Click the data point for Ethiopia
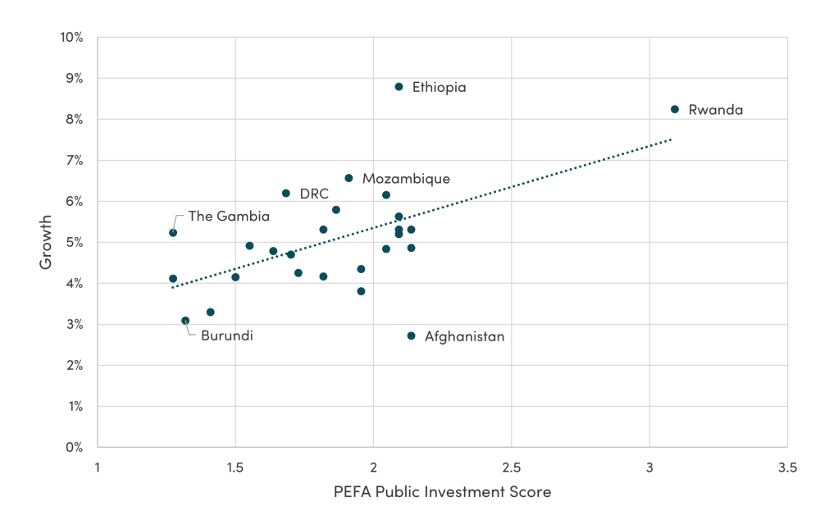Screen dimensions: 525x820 coord(399,87)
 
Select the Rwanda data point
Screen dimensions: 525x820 coord(675,109)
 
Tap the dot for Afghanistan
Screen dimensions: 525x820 coord(411,336)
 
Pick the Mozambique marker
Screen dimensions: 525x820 coord(348,178)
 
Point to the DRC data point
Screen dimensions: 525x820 coord(286,194)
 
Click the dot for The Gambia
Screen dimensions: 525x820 coord(173,233)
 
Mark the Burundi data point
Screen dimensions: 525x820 coord(185,321)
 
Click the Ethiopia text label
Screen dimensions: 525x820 coord(439,87)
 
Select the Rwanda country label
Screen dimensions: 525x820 coord(715,109)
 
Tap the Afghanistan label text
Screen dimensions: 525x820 coord(464,336)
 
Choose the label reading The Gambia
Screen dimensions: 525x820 coord(229,217)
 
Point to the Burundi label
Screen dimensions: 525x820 coord(227,336)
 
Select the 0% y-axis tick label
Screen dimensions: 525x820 coord(75,447)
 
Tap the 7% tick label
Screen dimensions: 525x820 coord(75,161)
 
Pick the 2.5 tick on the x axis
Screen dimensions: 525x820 coord(511,468)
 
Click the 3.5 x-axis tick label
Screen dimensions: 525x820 coord(787,468)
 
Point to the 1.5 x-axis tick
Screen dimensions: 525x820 coord(235,468)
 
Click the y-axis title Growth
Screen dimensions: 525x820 coord(46,242)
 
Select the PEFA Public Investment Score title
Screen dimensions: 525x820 coord(442,492)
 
